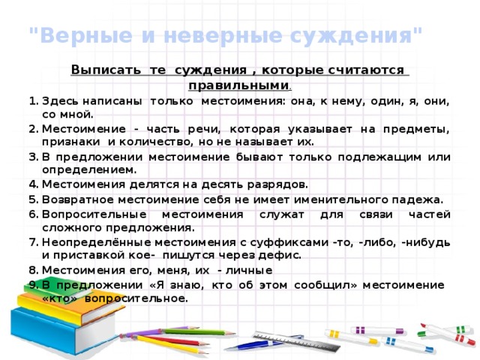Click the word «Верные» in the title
click(x=86, y=35)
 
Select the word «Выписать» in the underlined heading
click(x=106, y=70)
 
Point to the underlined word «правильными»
click(x=238, y=85)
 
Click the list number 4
click(x=33, y=184)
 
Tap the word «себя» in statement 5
click(x=217, y=199)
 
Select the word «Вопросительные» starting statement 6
click(x=94, y=214)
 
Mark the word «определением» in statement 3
click(x=89, y=170)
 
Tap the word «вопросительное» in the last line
click(x=136, y=298)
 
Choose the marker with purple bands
click(x=377, y=331)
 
